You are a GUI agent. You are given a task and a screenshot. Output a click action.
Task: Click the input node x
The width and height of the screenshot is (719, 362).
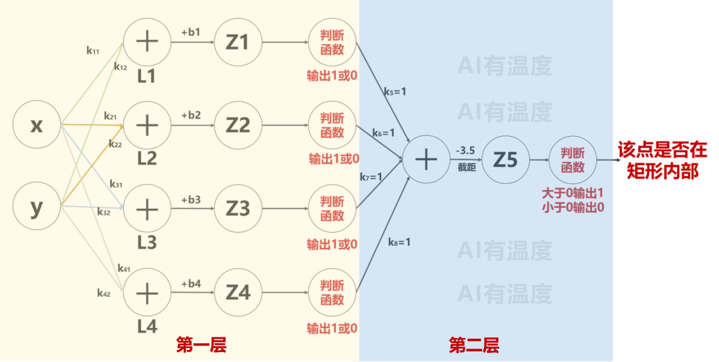37,125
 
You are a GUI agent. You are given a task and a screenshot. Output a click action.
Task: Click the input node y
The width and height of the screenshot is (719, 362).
37,207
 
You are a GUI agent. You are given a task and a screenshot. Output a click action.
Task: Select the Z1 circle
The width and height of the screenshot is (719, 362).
237,42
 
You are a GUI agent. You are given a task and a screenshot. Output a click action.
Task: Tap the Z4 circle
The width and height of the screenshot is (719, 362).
237,292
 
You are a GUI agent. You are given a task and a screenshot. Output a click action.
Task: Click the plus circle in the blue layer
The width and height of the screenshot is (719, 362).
426,160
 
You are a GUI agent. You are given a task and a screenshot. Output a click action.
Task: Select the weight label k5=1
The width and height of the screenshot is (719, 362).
394,91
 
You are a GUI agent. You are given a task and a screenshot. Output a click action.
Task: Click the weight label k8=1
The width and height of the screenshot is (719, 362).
399,241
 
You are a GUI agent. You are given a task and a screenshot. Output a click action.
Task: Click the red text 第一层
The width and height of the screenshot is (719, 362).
201,345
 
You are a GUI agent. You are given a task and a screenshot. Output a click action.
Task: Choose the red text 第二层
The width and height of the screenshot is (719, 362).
474,345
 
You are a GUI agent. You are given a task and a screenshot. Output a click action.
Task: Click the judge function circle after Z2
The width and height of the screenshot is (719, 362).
332,125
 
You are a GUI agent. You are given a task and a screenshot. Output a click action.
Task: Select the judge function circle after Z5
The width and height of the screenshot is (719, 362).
573,160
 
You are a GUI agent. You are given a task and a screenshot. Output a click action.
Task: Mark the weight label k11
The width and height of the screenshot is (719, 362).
93,50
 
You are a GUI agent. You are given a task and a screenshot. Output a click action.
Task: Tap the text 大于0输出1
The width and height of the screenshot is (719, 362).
573,193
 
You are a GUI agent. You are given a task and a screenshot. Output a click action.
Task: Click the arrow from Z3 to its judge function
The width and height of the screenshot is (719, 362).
284,209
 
